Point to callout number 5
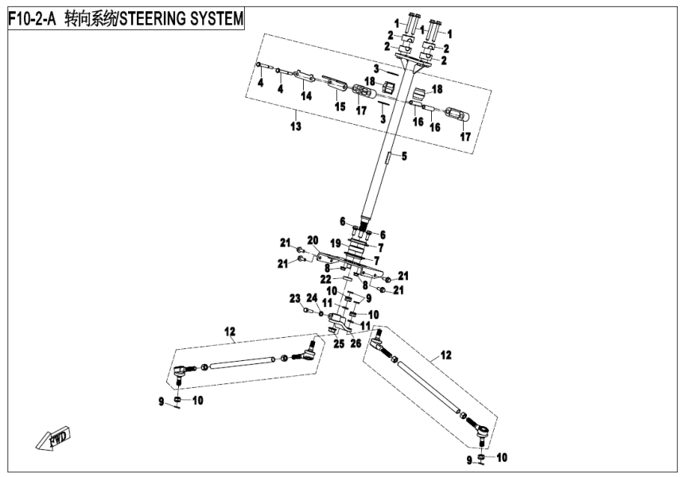point(403,157)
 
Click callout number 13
point(296,126)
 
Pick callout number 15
point(339,106)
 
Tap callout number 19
point(335,242)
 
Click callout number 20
point(313,239)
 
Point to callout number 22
point(326,278)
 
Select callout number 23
point(295,298)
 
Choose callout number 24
point(312,299)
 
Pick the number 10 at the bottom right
point(502,458)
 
